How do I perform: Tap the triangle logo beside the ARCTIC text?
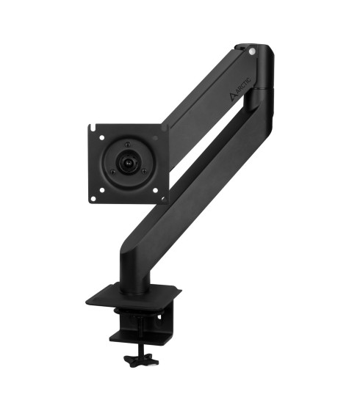coord(233,98)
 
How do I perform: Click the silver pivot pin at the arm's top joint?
coord(252,51)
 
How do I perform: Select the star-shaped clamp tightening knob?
coord(142,361)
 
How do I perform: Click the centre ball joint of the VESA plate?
coord(128,163)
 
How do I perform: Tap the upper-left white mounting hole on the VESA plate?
coord(102,137)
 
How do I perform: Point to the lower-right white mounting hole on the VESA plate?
coord(155,190)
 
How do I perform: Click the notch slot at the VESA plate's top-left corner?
coord(91,128)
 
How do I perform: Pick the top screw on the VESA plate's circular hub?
coord(128,145)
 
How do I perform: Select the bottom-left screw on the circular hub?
coord(112,172)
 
